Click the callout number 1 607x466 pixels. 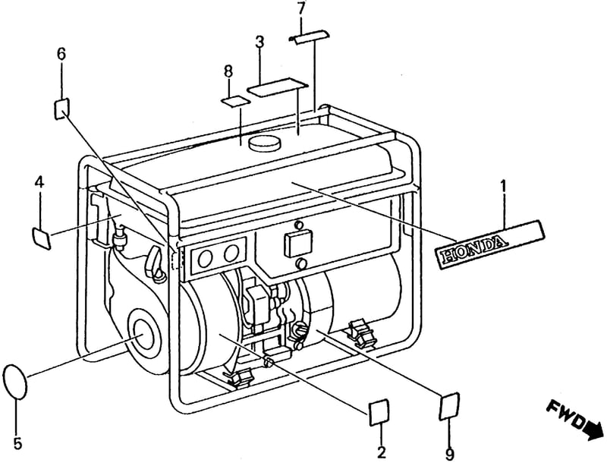click(503, 188)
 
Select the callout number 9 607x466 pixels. click(449, 454)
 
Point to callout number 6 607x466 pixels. click(61, 54)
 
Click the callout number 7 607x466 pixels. click(301, 8)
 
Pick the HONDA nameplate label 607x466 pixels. click(489, 244)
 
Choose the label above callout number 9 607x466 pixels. click(449, 406)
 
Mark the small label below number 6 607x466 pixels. click(62, 108)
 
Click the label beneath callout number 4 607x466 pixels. click(41, 238)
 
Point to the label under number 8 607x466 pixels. click(235, 101)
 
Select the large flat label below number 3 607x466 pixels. click(278, 87)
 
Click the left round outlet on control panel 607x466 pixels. click(205, 258)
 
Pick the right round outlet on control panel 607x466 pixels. click(231, 253)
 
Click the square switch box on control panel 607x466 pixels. click(298, 244)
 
